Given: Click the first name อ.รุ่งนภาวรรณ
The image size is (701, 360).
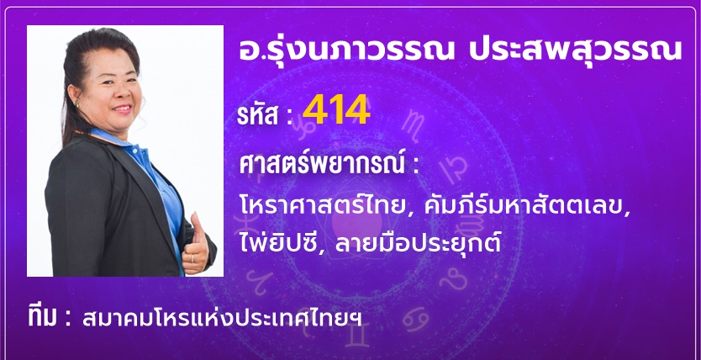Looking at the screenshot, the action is coord(346,49).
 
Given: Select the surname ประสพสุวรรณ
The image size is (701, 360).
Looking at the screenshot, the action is coord(575,49).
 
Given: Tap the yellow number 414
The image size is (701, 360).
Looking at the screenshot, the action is coord(336,109).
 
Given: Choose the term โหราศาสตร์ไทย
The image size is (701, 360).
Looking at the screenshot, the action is coord(320,207).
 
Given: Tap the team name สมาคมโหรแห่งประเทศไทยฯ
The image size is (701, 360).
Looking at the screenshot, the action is coord(222,317).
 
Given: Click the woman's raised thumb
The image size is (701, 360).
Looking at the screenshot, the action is coord(196,224).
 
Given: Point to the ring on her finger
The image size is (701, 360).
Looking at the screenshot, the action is coord(192,258).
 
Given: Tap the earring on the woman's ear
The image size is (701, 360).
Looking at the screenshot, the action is coord(76,105).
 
